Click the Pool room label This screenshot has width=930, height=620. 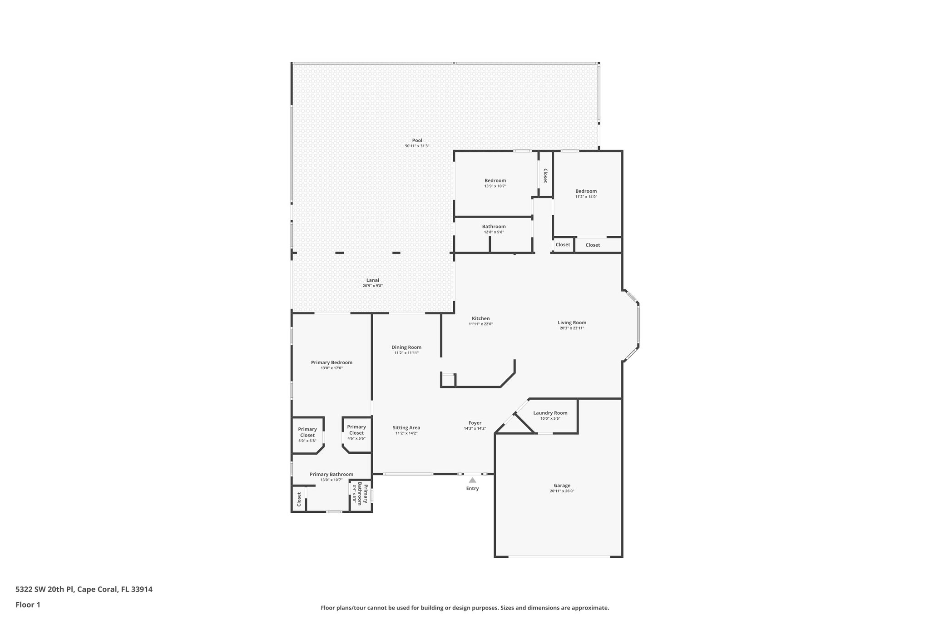tap(417, 140)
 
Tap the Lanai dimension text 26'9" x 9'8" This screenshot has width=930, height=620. tap(372, 286)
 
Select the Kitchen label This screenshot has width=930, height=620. tap(480, 318)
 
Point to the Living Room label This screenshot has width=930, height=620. tap(572, 322)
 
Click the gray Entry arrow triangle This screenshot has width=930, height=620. tap(472, 480)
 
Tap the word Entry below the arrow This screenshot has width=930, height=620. tap(472, 489)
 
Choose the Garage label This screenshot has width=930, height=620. tap(562, 486)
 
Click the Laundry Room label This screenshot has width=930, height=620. tap(550, 413)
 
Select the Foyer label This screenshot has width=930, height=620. tap(475, 423)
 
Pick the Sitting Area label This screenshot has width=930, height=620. tap(406, 427)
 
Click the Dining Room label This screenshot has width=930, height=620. tap(406, 347)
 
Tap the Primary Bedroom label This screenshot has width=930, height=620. tap(331, 362)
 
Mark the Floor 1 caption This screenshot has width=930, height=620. tap(28, 605)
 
